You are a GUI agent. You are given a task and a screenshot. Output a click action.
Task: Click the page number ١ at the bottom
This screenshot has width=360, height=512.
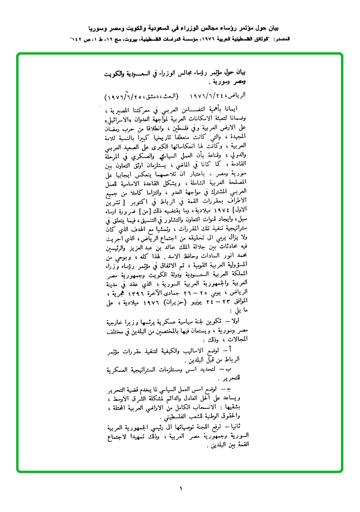tap(181, 488)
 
